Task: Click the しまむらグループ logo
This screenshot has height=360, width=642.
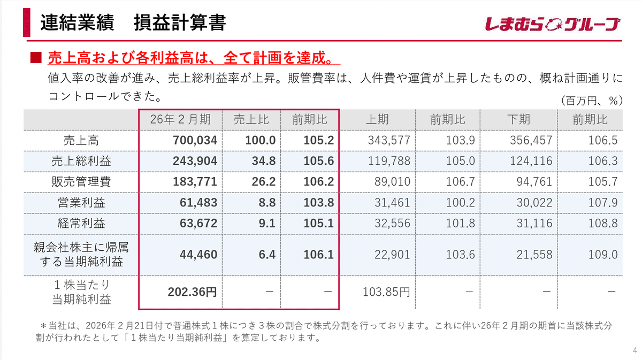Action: (553, 24)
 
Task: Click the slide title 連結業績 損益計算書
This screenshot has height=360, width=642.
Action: (133, 24)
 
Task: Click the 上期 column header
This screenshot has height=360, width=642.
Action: (377, 120)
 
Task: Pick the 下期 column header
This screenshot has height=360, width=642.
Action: (519, 120)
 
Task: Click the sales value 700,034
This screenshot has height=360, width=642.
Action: (195, 141)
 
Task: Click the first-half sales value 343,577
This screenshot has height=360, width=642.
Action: (389, 141)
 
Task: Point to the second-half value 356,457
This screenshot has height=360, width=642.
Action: (531, 141)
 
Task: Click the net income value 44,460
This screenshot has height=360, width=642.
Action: (198, 255)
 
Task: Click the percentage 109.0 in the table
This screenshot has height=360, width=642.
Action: (603, 255)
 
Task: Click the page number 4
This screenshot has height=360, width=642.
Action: (635, 350)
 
